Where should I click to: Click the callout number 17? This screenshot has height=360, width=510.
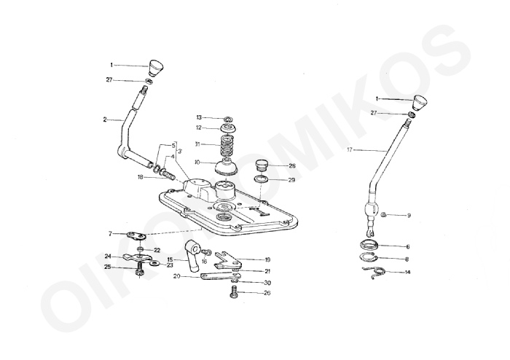pos(350,149)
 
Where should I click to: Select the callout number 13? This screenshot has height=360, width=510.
pos(198,117)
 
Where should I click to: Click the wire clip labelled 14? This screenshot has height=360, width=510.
pos(374,271)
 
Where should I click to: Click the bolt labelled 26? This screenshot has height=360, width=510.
pos(234,292)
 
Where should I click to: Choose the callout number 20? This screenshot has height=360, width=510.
pos(176,276)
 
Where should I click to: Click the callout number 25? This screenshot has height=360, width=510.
pos(107,267)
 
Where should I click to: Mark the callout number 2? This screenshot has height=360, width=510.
pos(105,119)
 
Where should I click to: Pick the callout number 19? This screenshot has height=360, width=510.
pos(267,259)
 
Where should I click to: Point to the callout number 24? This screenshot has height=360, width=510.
pos(107,256)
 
